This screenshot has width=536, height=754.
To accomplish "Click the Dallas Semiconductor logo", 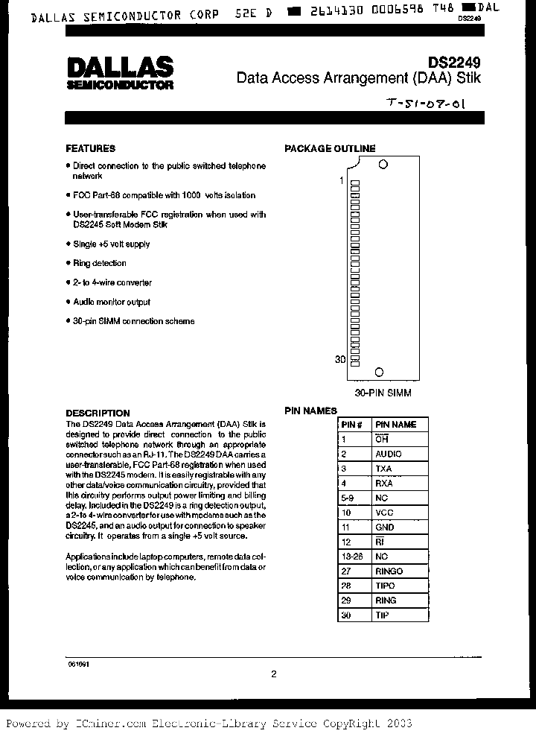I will (120, 73).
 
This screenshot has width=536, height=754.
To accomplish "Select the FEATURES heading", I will (90, 148).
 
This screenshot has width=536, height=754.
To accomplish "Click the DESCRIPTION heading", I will (98, 413).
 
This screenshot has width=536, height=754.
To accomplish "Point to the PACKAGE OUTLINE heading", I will (330, 148).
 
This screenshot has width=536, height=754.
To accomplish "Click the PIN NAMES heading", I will (310, 411).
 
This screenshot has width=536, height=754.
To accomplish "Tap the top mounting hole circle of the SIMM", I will (383, 165).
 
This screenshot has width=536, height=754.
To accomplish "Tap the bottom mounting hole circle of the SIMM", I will (378, 372).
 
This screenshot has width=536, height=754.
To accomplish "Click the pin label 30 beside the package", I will (340, 360).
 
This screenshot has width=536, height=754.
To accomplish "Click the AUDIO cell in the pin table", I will (388, 454).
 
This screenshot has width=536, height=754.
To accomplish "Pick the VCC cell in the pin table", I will (384, 513).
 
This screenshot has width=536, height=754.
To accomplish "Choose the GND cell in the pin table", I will (385, 527).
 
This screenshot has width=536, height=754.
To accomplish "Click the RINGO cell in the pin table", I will (389, 571).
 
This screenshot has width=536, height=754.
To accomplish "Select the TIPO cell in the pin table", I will (386, 586).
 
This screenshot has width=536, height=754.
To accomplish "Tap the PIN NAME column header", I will (395, 425).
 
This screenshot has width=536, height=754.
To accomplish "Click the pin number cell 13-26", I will (350, 557).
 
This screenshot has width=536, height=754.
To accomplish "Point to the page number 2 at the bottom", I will (273, 674).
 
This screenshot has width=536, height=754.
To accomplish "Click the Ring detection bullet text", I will (99, 263).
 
